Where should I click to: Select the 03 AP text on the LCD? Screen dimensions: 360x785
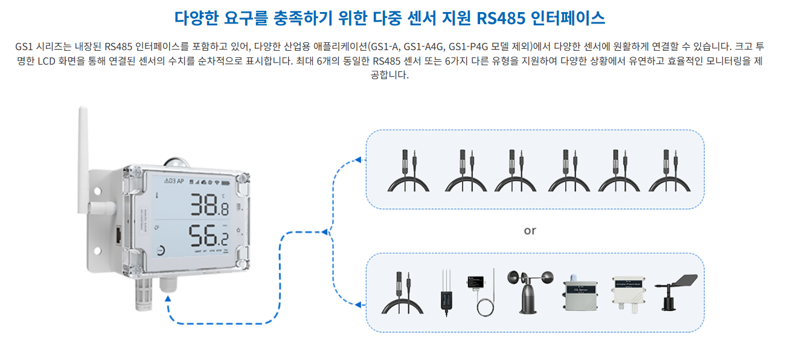pyautogui.click(x=175, y=181)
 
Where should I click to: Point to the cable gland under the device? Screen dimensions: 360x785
pyautogui.click(x=167, y=284)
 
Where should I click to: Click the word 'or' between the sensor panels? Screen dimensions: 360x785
pyautogui.click(x=530, y=230)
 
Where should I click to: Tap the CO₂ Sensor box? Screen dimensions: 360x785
pyautogui.click(x=578, y=295)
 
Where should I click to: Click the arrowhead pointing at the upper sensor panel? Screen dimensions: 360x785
pyautogui.click(x=358, y=159)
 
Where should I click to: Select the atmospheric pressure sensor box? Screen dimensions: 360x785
pyautogui.click(x=631, y=294)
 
